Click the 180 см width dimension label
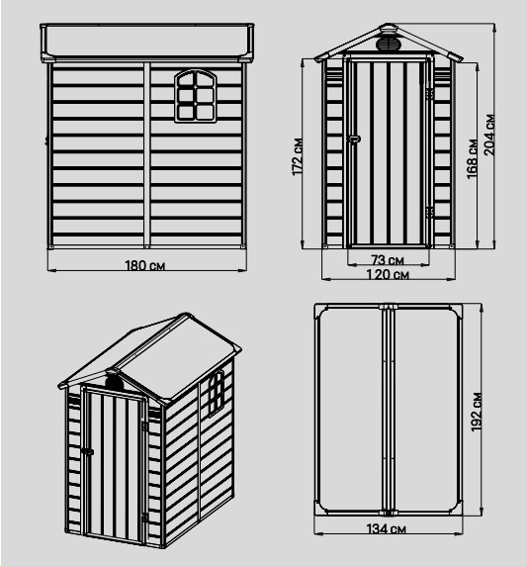pos(144,266)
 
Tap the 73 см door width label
pos(388,259)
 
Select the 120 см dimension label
pos(388,275)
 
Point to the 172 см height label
pos(298,156)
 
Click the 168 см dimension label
pos(472,158)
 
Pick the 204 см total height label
pos(489,135)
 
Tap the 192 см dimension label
pos(477,412)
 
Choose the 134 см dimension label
pos(386,529)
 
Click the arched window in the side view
pos(196,96)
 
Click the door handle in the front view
pos(354,139)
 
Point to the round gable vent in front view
pos(389,45)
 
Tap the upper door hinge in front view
pos(429,94)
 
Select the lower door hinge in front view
pos(429,212)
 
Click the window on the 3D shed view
pos(216,393)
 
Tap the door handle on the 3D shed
pos(87,451)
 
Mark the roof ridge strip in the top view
pos(388,410)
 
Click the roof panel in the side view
pos(147,42)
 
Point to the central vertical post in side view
pos(146,154)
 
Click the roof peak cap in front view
pos(388,28)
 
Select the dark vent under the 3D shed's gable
pos(114,382)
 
